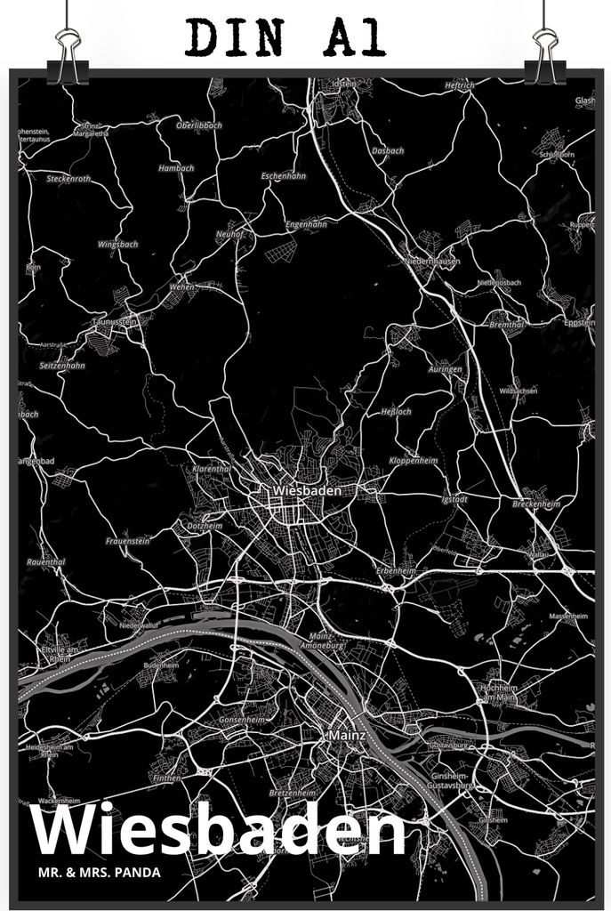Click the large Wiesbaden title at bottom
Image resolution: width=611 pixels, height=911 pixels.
218,832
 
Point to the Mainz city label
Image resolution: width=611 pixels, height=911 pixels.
347,736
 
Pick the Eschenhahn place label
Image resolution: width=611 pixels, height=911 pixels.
283,176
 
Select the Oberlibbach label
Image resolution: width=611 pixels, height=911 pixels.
198,125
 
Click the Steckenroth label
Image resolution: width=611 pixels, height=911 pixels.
69,179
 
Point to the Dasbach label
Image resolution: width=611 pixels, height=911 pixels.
388,151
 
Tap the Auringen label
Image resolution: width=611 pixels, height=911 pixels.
444,368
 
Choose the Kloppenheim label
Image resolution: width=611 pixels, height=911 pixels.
413,461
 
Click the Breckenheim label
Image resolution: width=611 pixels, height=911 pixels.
536,504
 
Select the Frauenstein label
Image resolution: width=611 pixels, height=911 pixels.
128,541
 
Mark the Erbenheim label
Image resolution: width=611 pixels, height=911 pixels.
396,570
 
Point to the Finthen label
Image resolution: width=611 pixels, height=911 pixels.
166,778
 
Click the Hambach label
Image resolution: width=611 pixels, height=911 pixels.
175,167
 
